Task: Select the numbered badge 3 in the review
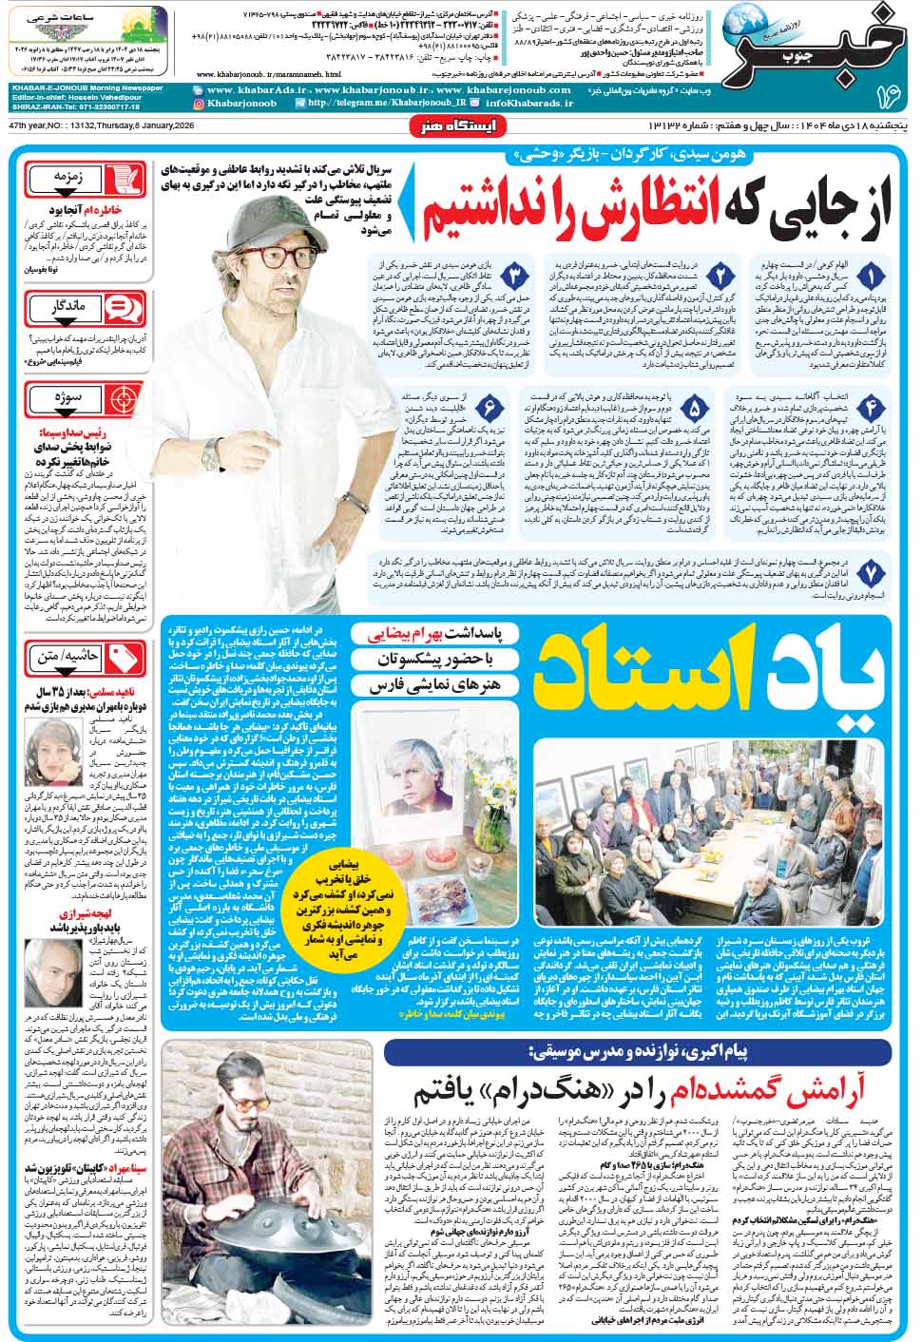pyautogui.click(x=514, y=277)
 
